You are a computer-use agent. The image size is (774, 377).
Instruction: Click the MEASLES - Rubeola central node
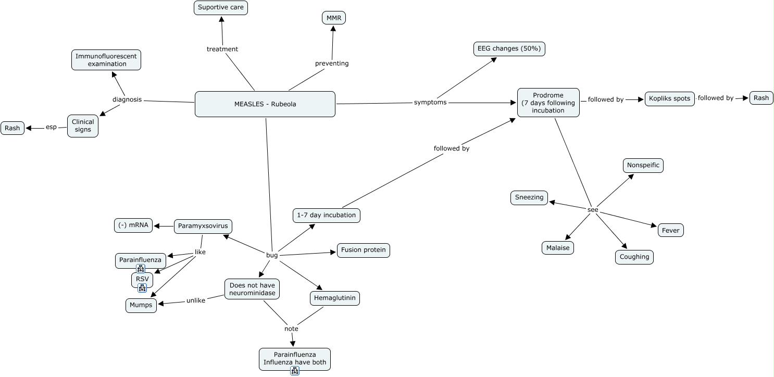click(265, 104)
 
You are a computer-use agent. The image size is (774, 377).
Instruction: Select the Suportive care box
click(221, 8)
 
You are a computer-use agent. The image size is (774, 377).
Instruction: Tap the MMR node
click(333, 18)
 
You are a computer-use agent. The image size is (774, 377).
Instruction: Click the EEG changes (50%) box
click(509, 49)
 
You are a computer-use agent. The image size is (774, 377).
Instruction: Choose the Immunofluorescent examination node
click(106, 60)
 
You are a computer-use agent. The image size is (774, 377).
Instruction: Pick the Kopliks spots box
click(669, 98)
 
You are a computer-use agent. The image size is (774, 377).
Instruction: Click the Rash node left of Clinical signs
click(13, 128)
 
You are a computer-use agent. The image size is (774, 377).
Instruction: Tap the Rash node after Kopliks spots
click(761, 98)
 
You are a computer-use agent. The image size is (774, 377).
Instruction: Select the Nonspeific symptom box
click(643, 166)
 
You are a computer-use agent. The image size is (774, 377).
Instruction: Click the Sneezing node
click(529, 197)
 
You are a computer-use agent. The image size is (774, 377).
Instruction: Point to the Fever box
click(670, 230)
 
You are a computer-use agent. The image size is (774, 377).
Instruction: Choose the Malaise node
click(557, 248)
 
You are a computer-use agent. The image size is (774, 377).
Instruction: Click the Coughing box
click(634, 257)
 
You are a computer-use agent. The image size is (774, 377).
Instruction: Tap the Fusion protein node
click(363, 250)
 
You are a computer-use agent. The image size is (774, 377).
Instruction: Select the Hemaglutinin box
click(334, 298)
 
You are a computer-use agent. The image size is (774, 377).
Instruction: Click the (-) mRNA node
click(133, 225)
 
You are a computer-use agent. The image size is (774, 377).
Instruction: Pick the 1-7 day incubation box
click(326, 215)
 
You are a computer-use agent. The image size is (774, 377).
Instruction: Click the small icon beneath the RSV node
click(142, 287)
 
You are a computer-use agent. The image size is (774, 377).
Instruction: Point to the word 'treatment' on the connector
click(222, 49)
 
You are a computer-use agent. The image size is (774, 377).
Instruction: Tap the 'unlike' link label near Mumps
click(195, 300)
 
